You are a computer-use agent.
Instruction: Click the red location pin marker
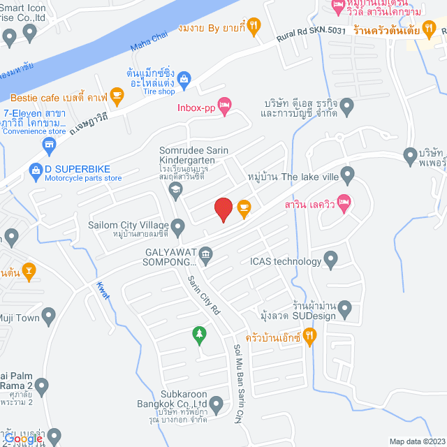point(223,209)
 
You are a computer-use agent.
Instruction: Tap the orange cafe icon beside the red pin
point(244,207)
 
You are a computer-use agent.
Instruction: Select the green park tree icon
point(200,335)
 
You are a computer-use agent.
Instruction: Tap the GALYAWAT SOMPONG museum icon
point(206,254)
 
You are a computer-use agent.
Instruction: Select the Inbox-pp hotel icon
point(224,106)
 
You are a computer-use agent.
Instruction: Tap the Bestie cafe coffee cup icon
point(116,95)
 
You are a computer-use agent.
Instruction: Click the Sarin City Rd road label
point(203,294)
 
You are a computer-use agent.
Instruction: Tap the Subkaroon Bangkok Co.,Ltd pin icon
point(217,404)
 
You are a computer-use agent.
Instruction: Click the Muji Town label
point(18,318)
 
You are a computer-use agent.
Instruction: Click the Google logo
point(29,438)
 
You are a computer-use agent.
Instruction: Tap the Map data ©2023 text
point(416,441)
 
